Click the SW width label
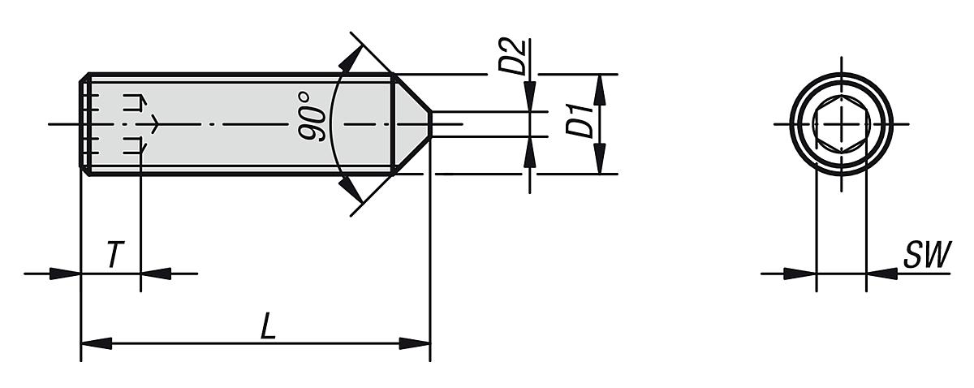click(925, 256)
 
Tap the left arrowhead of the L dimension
click(96, 344)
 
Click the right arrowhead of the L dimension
click(415, 344)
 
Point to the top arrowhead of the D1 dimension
click(600, 88)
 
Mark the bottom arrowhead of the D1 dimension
click(600, 159)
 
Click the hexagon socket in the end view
click(841, 124)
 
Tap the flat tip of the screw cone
click(429, 124)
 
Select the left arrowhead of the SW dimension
click(800, 274)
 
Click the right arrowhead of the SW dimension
click(881, 274)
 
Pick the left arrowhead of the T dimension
click(66, 274)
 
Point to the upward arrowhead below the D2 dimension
click(530, 151)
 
